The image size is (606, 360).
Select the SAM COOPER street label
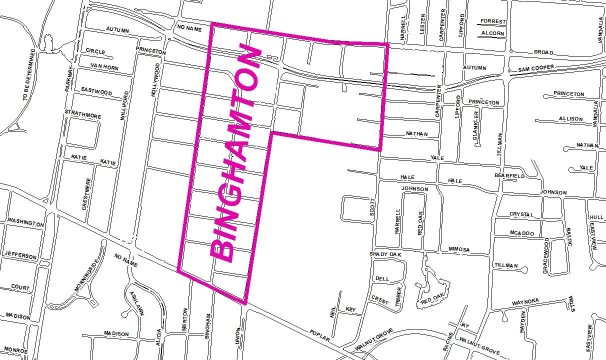point(535,68)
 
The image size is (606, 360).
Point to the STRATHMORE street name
point(82,117)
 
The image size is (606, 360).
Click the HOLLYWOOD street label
point(156,80)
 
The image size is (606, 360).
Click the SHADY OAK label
point(385,254)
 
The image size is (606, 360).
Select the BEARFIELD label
point(509,176)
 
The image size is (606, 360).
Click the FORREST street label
point(493,22)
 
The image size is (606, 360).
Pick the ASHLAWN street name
point(136,303)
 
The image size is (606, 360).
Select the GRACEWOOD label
point(546,255)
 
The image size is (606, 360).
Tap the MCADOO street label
point(522,233)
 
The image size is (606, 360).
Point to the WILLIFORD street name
point(124,106)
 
